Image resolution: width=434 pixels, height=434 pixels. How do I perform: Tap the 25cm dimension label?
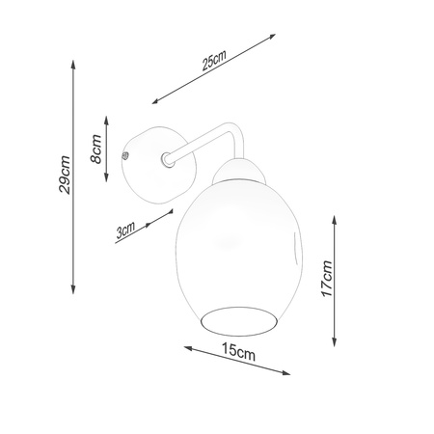(x=213, y=63)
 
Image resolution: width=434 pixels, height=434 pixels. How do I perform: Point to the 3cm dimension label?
(x=124, y=231)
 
